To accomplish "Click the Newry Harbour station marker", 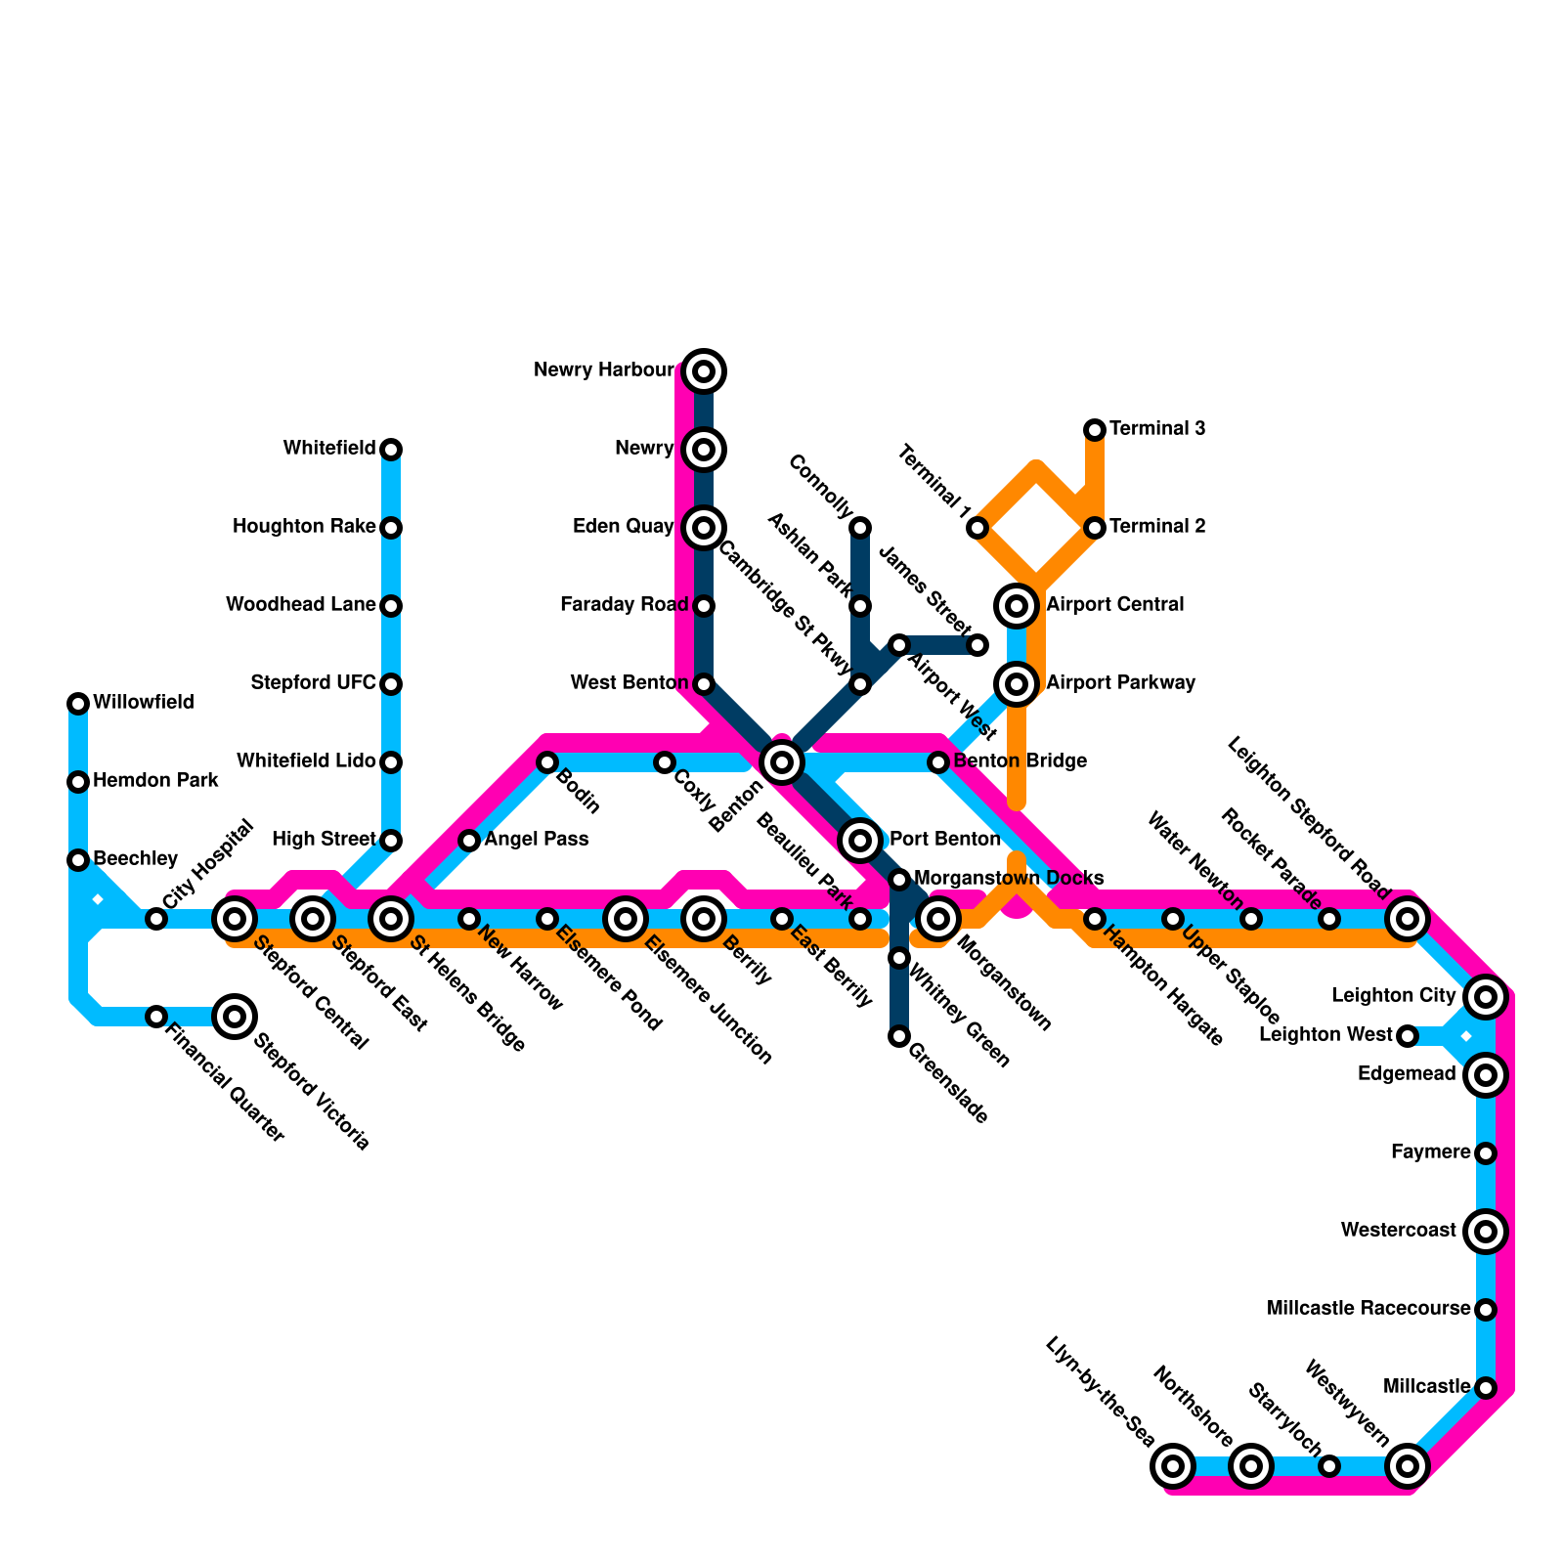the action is [704, 371].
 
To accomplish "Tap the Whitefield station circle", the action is [391, 450].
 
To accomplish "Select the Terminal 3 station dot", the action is [1095, 430].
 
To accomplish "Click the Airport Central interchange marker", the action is [1017, 606].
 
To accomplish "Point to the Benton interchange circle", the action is [782, 762].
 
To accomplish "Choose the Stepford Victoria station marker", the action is [235, 1017].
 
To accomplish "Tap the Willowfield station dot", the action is [78, 704].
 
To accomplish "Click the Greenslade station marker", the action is [899, 1036].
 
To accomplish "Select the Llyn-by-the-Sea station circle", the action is [1173, 1466].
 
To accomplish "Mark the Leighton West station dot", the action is [1408, 1036].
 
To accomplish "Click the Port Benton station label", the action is [944, 840].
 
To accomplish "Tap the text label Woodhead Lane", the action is [300, 605].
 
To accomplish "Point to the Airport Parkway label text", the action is [1120, 683].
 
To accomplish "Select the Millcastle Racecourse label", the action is [1368, 1309].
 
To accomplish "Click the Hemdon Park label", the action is [155, 781].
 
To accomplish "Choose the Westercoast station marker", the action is [1486, 1232].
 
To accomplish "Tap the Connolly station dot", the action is [860, 528].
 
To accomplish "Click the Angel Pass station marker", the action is [469, 841].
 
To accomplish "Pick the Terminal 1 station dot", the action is [977, 528].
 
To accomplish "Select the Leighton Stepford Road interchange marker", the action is [1408, 919].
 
